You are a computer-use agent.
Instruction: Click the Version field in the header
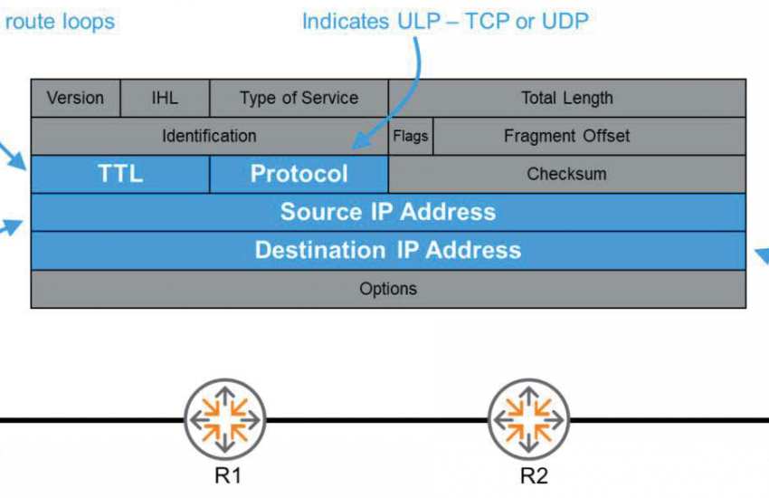click(x=75, y=98)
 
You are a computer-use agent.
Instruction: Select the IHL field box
click(x=165, y=98)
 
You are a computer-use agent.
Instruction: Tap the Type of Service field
click(x=299, y=98)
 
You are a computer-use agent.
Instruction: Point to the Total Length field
click(x=566, y=98)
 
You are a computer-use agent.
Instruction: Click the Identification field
click(x=209, y=136)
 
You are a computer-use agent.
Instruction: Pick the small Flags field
click(x=411, y=136)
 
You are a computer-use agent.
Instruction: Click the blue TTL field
click(x=120, y=174)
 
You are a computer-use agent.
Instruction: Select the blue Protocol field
click(x=299, y=174)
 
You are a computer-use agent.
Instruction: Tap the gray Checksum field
click(x=566, y=174)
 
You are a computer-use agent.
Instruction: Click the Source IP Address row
click(x=388, y=212)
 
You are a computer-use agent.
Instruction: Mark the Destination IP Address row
click(x=388, y=250)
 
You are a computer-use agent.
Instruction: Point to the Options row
click(x=388, y=289)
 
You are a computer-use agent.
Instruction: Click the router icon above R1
click(x=224, y=418)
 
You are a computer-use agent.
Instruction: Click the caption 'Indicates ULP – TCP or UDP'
click(x=444, y=20)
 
